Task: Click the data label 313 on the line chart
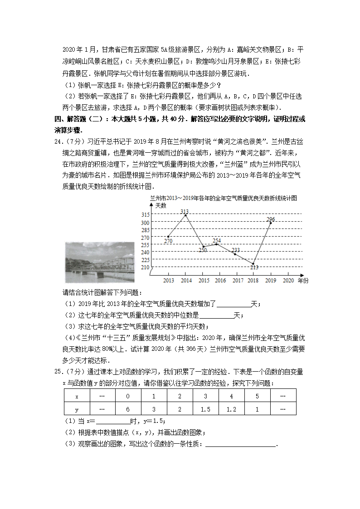(185, 211)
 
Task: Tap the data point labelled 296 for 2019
(271, 223)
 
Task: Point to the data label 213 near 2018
(254, 267)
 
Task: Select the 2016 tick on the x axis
(220, 281)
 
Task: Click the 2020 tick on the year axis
(288, 281)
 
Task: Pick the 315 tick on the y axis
(145, 215)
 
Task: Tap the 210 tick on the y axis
(145, 267)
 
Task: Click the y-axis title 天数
(161, 205)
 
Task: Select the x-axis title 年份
(303, 281)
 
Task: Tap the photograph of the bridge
(100, 262)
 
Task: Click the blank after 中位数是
(216, 315)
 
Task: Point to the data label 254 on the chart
(217, 241)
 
